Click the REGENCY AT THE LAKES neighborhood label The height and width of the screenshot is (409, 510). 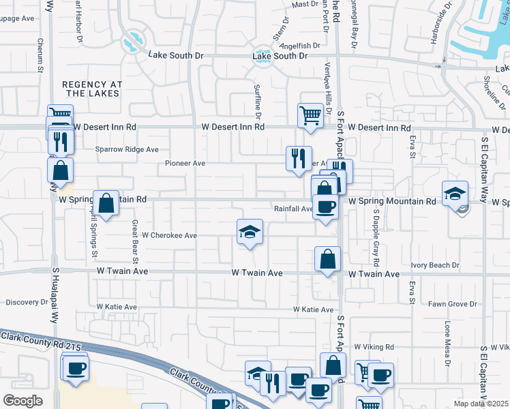pyautogui.click(x=92, y=89)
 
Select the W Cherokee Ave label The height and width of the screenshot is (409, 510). pyautogui.click(x=169, y=235)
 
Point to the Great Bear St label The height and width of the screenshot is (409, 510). pyautogui.click(x=135, y=241)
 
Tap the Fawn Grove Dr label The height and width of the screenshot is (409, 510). pyautogui.click(x=453, y=303)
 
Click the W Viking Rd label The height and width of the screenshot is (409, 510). pyautogui.click(x=372, y=347)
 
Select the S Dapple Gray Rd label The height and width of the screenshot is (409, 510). pyautogui.click(x=375, y=237)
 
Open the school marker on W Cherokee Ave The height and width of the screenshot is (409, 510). pyautogui.click(x=250, y=232)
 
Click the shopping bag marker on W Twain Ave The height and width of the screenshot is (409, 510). pyautogui.click(x=328, y=259)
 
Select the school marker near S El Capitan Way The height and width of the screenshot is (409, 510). pyautogui.click(x=455, y=193)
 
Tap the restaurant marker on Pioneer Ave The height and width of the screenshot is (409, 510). pyautogui.click(x=298, y=159)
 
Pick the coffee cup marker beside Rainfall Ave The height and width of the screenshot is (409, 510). pyautogui.click(x=325, y=207)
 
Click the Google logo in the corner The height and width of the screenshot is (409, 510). pyautogui.click(x=22, y=401)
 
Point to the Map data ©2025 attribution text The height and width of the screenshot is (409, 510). pyautogui.click(x=481, y=404)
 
